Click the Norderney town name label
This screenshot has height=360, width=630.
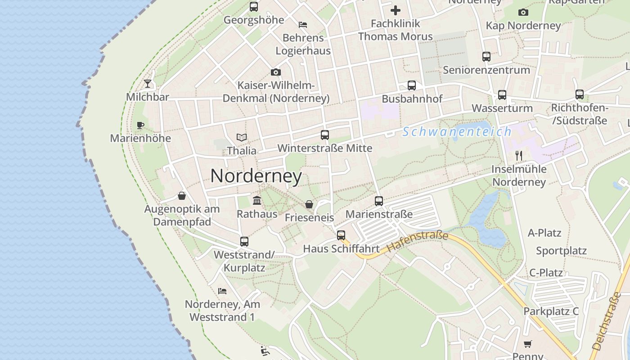pos(256,175)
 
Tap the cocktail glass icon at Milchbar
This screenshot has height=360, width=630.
pos(148,83)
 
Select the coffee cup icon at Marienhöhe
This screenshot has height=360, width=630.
pos(140,125)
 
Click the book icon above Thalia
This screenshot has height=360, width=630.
pos(242,137)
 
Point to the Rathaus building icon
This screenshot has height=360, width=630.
pos(257,200)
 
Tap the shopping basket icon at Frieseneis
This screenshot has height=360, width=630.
pos(309,204)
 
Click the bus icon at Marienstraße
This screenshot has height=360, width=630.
pos(379,201)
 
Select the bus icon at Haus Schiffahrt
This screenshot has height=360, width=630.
pos(341,235)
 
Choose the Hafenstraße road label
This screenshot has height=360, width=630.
pos(418,242)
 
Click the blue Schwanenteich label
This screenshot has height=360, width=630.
pos(457,132)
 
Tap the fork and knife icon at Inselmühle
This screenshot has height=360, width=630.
pos(519,156)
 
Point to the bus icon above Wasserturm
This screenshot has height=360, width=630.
pos(502,95)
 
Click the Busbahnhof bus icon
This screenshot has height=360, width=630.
pos(412,85)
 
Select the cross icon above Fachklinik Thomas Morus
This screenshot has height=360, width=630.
pos(396,10)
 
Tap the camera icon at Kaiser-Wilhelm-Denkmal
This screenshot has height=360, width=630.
pos(276,72)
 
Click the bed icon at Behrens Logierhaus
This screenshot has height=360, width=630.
pos(303,24)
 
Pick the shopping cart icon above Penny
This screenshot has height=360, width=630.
pos(528,344)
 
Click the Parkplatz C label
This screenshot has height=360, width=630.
pos(551,311)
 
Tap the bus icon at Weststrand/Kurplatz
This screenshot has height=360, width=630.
pos(244,242)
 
